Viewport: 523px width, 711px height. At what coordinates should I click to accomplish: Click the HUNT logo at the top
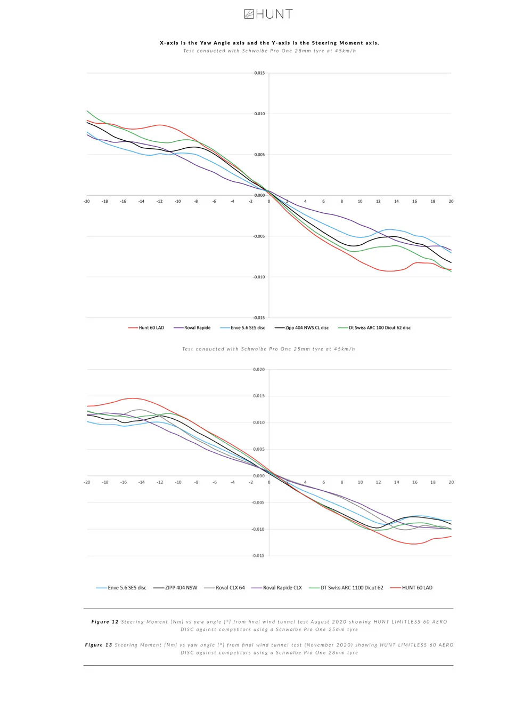pos(268,14)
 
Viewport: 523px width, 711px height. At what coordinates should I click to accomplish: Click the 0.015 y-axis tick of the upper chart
pos(259,73)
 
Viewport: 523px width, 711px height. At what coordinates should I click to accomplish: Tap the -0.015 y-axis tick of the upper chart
pos(259,318)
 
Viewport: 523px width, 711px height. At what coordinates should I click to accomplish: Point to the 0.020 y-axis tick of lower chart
pos(259,370)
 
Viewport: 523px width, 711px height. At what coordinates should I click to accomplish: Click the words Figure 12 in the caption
pos(105,622)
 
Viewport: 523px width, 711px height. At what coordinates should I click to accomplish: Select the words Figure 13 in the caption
pos(99,645)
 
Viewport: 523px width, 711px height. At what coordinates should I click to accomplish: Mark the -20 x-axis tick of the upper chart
pos(87,202)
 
